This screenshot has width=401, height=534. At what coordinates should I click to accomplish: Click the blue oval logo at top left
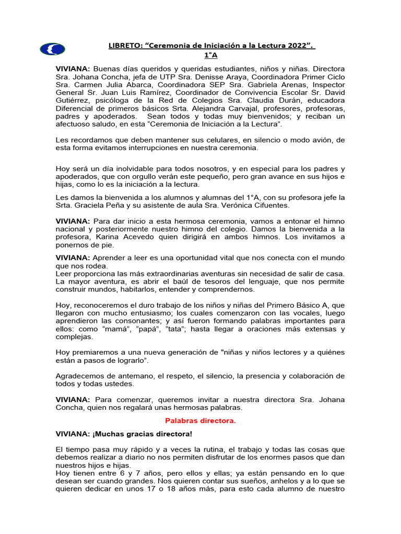click(52, 50)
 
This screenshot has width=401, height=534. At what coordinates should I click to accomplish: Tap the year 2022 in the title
click(299, 47)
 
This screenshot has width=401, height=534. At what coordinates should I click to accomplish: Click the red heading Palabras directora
click(200, 421)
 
